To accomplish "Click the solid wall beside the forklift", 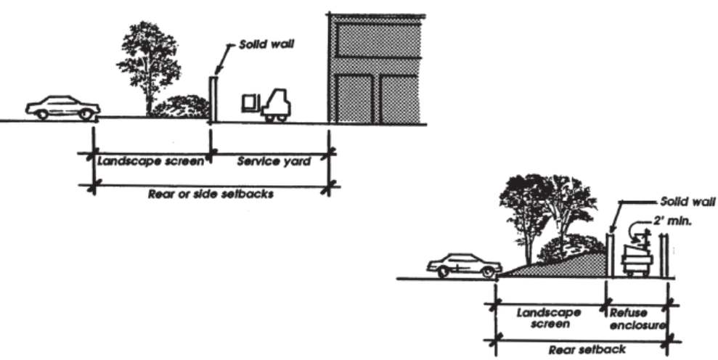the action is [213, 98].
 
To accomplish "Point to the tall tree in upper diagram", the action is [150, 62].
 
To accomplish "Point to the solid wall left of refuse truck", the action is [610, 255].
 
